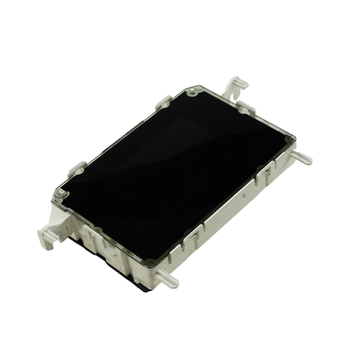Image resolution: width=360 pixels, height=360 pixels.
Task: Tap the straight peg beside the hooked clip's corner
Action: click(303, 158)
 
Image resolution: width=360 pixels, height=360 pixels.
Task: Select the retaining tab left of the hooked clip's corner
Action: click(163, 103)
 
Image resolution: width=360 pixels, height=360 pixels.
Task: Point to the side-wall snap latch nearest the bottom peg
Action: click(191, 238)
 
